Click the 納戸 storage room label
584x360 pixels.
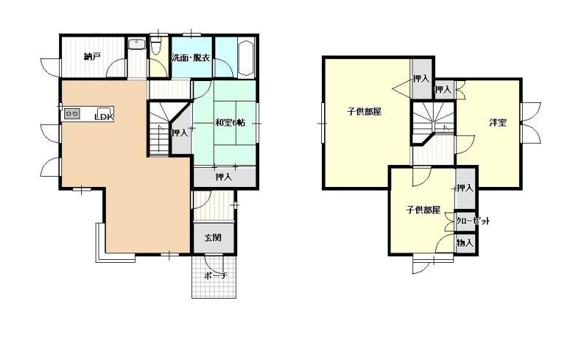93,57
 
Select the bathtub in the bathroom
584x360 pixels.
246,57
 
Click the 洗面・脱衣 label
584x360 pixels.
191,58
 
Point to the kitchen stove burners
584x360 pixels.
72,113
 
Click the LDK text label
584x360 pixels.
104,117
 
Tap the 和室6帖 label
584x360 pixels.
230,122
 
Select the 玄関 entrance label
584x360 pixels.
213,237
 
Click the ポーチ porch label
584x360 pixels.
215,276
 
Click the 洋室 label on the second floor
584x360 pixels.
498,122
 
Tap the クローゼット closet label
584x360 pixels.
473,221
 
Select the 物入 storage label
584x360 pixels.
465,243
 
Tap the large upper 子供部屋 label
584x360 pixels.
364,112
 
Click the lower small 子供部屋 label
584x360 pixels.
423,210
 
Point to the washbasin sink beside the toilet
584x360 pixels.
137,45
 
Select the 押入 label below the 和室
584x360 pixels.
223,177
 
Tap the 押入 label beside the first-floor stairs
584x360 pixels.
180,133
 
